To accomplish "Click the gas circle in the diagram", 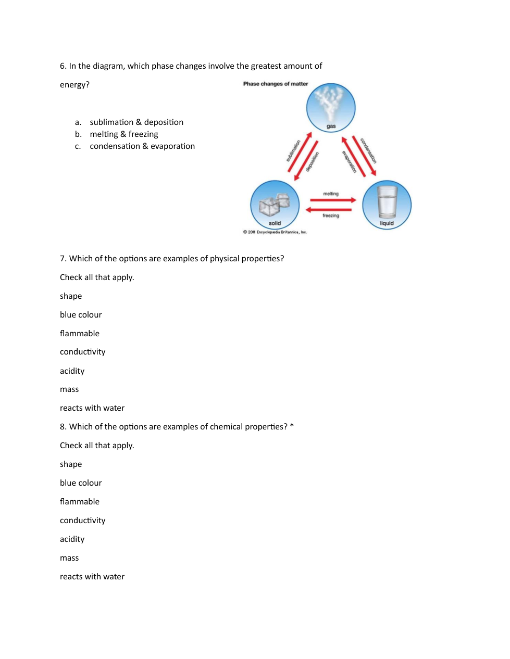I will (331, 108).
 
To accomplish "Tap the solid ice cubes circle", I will (275, 205).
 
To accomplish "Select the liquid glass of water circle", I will (387, 205).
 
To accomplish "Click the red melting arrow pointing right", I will (333, 200).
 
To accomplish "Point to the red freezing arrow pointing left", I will (329, 210).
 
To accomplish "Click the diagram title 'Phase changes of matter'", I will (275, 84).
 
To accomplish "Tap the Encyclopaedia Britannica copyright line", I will (275, 232).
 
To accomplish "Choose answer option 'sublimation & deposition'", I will (136, 122).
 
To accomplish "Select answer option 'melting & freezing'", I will (124, 134).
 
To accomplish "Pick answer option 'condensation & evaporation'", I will (142, 146).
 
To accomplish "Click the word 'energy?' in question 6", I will (74, 85).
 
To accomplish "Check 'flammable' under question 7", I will (80, 334).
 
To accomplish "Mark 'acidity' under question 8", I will (72, 539).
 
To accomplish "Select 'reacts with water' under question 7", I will (92, 408).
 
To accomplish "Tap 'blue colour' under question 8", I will (81, 483).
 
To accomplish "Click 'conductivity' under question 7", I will (82, 352).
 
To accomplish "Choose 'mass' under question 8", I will (69, 558).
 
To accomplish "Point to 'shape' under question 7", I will (71, 296).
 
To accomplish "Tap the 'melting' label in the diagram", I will (330, 194).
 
